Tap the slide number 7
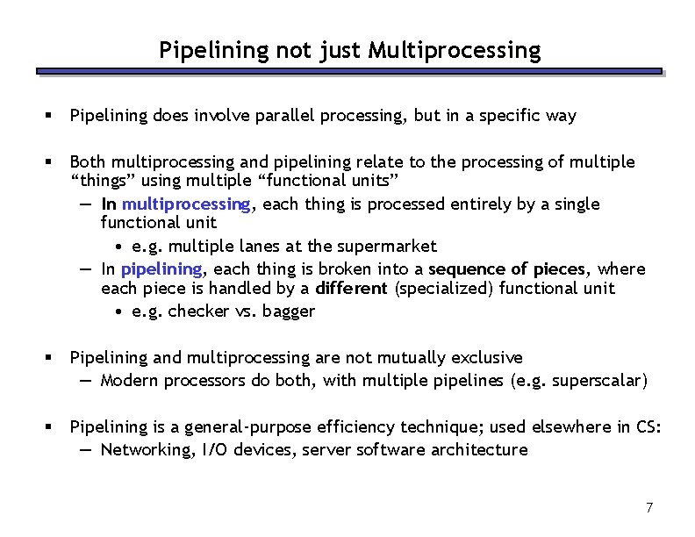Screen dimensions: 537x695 point(649,507)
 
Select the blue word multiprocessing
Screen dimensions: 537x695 point(188,204)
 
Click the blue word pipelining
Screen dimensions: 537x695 point(162,269)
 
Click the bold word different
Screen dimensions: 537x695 point(351,289)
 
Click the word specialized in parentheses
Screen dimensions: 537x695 point(442,289)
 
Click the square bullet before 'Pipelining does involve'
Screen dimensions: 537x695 point(52,116)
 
